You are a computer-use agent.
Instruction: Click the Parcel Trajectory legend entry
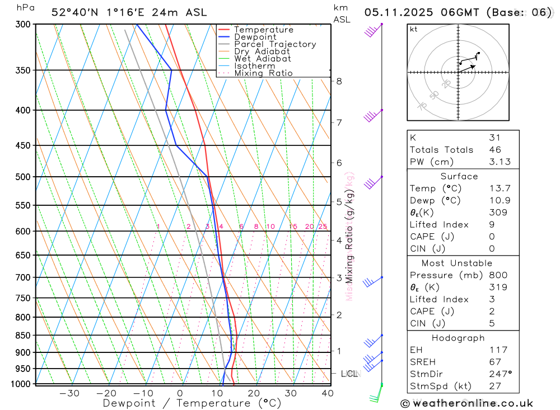tap(275, 44)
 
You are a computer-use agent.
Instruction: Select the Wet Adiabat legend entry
tap(263, 59)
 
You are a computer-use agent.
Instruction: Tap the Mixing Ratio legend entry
tap(263, 73)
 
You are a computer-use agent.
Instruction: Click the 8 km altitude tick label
tap(339, 81)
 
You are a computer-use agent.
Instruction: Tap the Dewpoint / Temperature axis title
tap(192, 403)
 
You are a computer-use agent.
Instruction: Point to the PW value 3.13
tap(500, 162)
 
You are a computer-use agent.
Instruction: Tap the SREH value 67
tap(495, 362)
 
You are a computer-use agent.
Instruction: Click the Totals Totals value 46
tap(495, 150)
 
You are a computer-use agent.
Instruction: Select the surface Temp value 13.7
tap(500, 188)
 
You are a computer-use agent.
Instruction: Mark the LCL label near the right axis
tap(349, 374)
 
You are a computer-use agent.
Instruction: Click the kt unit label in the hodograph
tap(414, 30)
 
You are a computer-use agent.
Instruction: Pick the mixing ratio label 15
tap(293, 227)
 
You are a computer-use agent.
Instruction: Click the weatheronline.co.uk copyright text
tap(466, 403)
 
